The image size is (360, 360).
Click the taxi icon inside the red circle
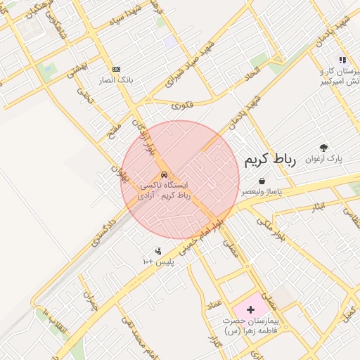point(164,175)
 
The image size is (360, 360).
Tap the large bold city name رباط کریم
point(271,160)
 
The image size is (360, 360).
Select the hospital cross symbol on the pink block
point(250,309)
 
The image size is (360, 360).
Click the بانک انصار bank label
point(117,80)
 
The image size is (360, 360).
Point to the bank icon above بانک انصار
point(116,69)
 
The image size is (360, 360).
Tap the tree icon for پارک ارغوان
point(323,148)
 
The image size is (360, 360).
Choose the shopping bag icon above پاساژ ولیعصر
point(262,181)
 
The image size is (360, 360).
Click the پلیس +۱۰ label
point(158,262)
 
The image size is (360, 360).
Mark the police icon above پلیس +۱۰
point(158,250)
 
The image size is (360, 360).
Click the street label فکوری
point(181,105)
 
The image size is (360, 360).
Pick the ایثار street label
point(318,206)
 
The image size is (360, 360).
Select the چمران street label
point(89,301)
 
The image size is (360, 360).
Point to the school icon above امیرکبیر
point(342,60)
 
